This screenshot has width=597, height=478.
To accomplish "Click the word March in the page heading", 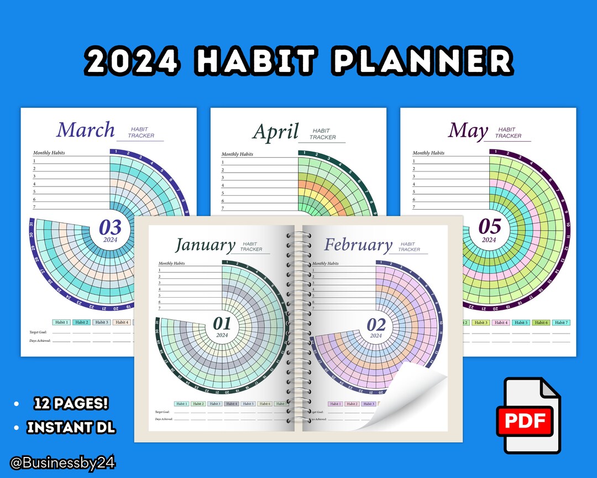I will (x=85, y=129).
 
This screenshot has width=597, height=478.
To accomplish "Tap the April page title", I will (x=275, y=132).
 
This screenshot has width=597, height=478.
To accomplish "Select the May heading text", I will (x=468, y=131).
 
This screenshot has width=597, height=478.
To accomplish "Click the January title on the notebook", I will (x=205, y=245).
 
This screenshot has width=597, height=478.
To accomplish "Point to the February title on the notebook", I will (x=358, y=245).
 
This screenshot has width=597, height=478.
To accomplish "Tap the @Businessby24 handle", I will (x=62, y=463).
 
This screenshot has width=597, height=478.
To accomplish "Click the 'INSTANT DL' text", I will (x=71, y=427).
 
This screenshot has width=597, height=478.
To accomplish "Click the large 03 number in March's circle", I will (x=110, y=227).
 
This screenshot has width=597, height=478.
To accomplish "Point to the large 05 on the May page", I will (x=489, y=226).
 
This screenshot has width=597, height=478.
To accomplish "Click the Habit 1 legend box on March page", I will (x=61, y=322).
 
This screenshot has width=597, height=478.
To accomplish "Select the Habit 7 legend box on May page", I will (x=561, y=323).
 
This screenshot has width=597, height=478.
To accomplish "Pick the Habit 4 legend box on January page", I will (x=232, y=404).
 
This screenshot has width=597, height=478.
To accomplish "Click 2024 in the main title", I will (x=133, y=61).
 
